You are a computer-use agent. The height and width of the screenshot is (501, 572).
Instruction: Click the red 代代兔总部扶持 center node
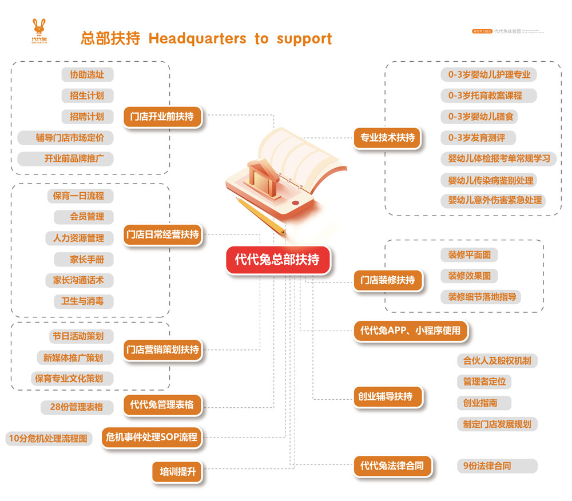pos(277,259)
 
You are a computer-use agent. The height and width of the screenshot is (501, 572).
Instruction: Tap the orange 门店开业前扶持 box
pos(162,117)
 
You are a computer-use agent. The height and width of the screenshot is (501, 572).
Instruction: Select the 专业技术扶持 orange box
pos(387,137)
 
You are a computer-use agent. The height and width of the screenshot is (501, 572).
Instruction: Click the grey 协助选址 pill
pos(87,74)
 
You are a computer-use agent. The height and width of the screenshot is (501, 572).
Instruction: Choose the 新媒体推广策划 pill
pos(73,357)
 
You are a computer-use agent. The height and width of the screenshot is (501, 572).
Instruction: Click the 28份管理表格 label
pos(73,407)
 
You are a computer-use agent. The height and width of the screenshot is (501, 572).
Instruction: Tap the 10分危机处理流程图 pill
pos(48,439)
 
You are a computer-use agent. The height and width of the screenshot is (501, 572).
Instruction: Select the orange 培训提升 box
pos(177,472)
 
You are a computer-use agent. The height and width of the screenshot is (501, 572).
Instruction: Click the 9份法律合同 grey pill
pos(487,466)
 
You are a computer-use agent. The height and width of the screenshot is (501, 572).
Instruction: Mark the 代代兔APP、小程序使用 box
pos(410,330)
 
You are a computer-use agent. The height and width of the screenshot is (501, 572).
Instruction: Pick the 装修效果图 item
pos(469,276)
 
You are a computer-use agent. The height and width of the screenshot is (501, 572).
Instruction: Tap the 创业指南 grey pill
pos(480,403)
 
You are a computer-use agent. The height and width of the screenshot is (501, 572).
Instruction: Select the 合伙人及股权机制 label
pos(496,361)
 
